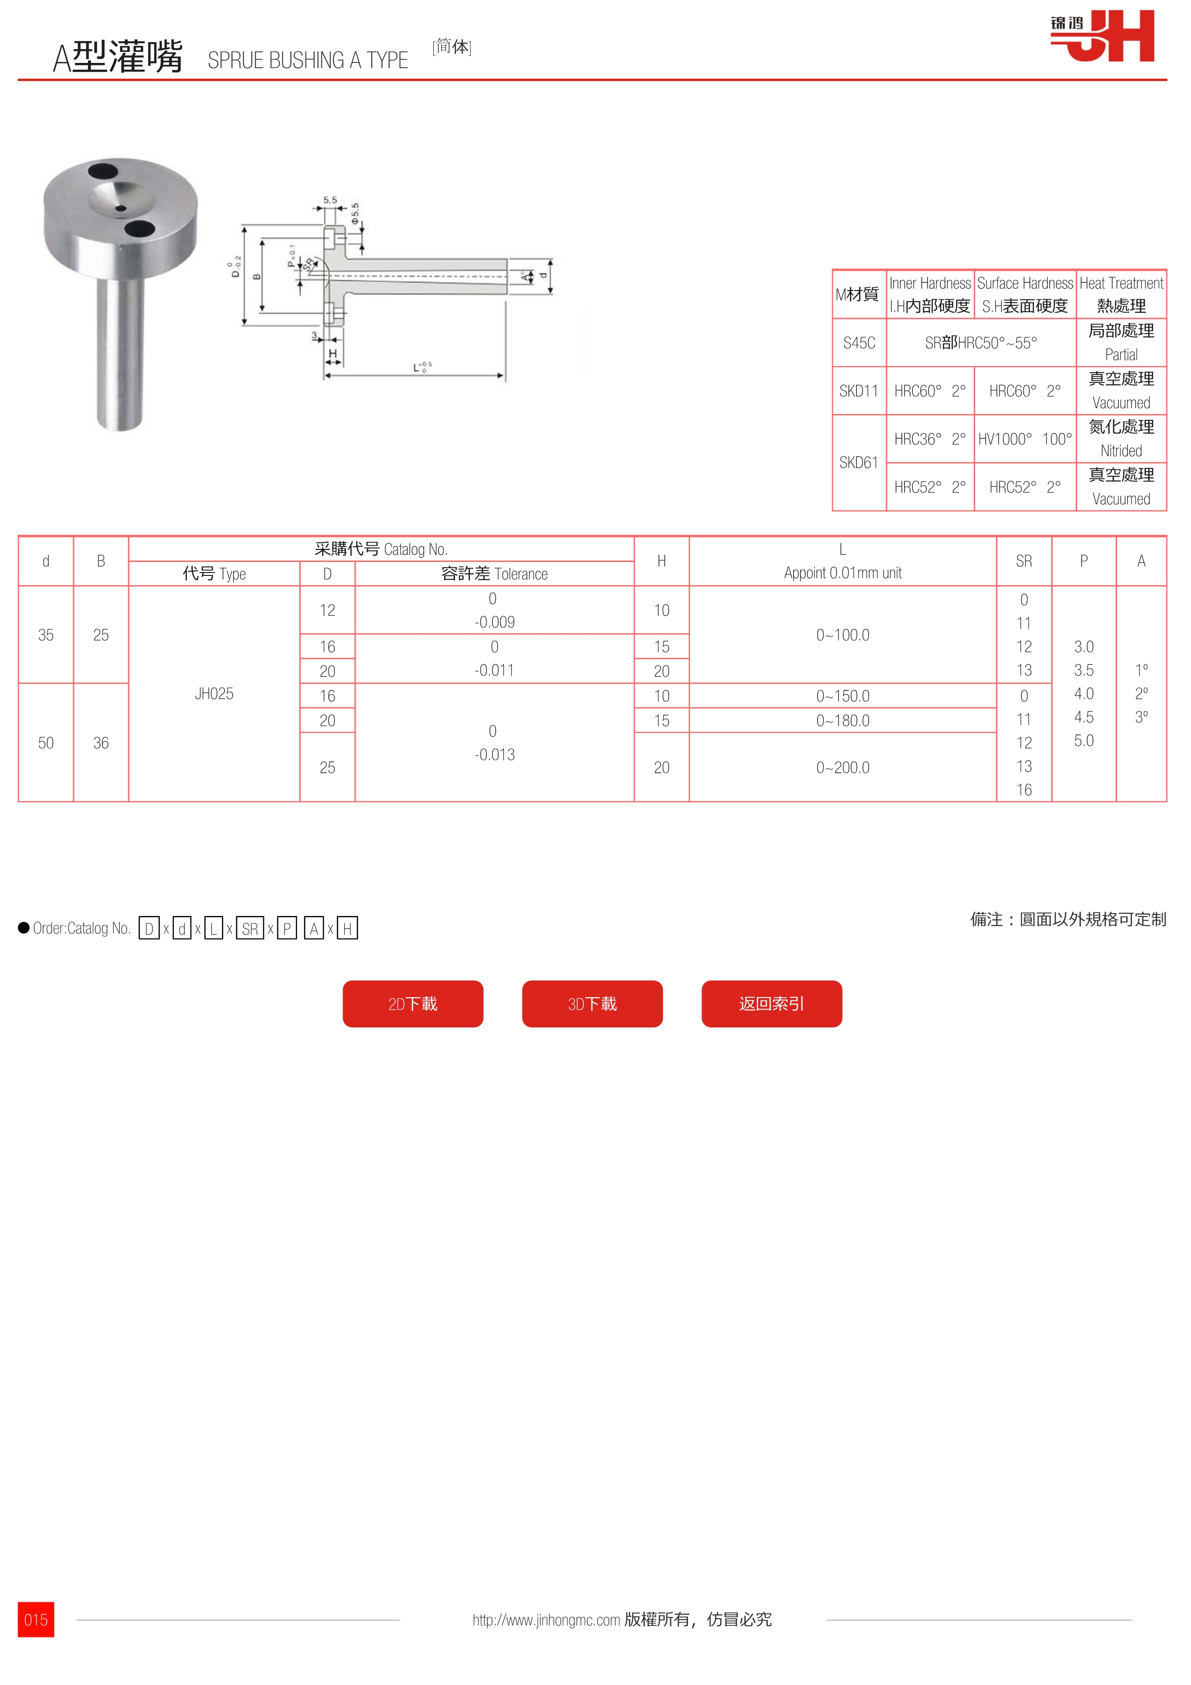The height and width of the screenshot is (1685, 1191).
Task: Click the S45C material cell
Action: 859,343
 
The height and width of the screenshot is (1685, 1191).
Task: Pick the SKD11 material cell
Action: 859,391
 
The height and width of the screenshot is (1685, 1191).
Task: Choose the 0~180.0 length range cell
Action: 842,720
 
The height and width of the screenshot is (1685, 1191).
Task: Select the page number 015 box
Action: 36,1620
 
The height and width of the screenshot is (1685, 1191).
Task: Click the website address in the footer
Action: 546,1620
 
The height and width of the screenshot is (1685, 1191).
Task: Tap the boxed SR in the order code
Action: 249,928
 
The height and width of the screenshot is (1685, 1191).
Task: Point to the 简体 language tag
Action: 451,47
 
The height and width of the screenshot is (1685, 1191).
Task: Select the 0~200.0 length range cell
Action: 842,767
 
